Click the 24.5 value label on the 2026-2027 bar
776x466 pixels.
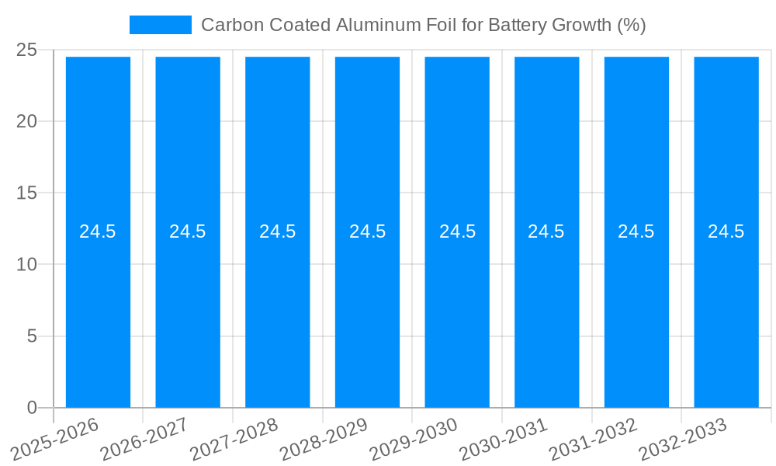188,231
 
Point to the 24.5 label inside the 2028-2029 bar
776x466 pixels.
367,231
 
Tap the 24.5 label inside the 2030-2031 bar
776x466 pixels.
546,231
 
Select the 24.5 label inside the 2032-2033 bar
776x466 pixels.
726,231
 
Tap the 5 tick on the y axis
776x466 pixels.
32,336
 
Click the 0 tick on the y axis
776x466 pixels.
32,408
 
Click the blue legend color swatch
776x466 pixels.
160,25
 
